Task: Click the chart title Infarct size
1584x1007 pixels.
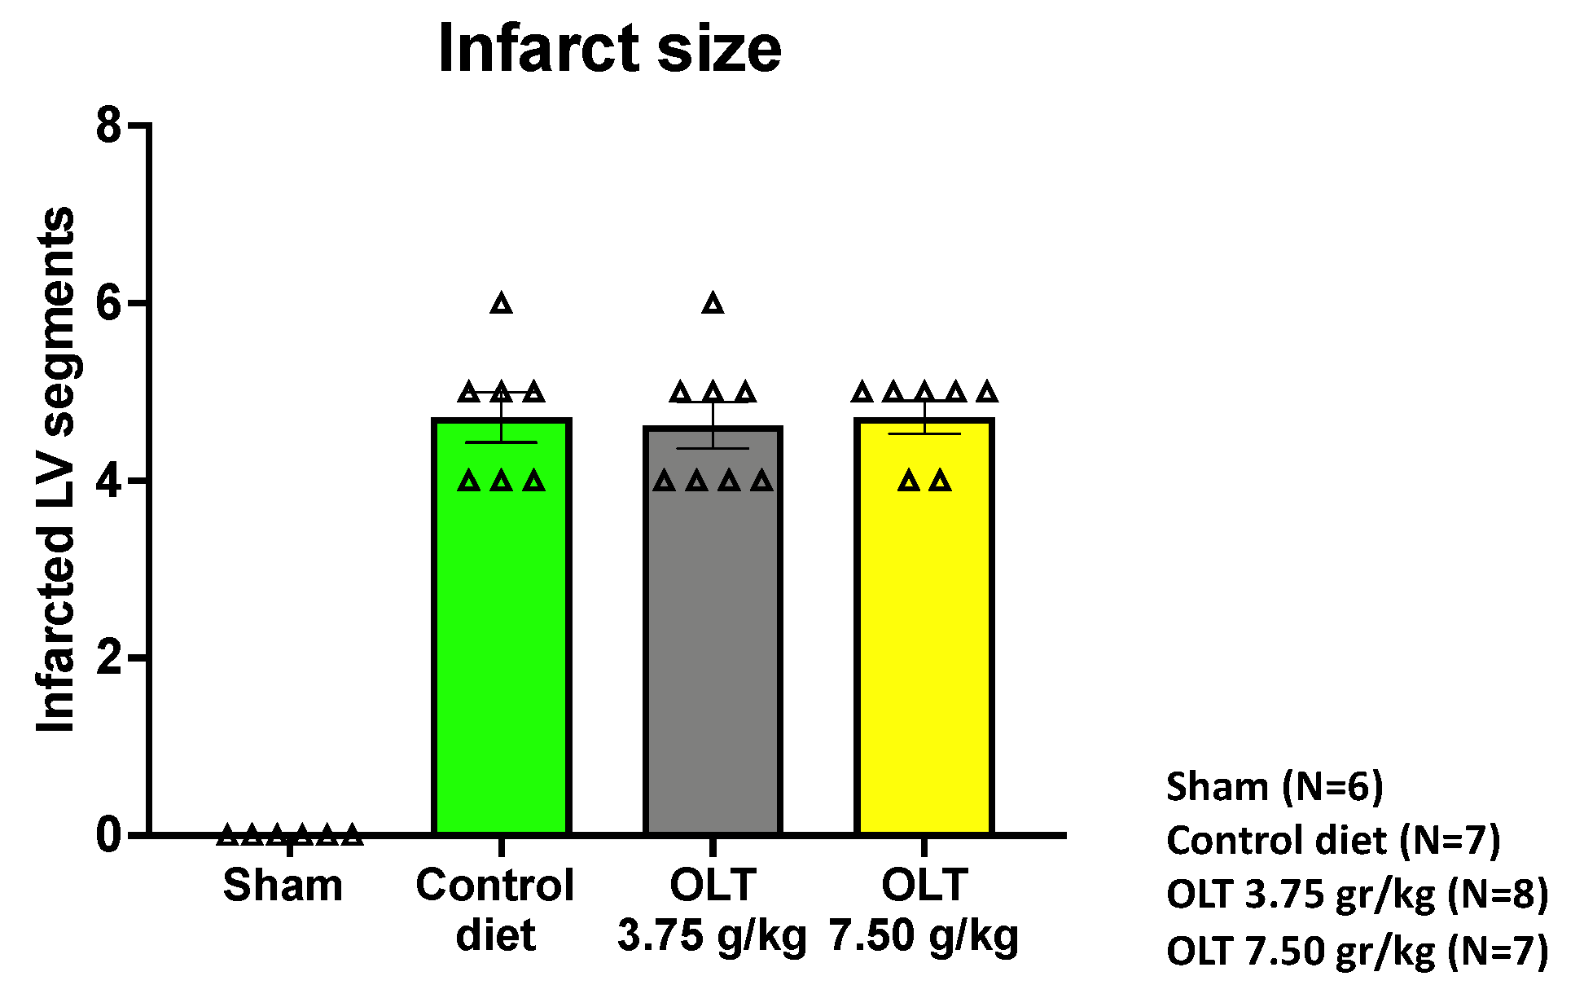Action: (609, 49)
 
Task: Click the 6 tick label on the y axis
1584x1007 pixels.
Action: (109, 303)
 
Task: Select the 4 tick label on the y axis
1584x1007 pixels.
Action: (109, 481)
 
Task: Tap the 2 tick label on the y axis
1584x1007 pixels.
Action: (109, 657)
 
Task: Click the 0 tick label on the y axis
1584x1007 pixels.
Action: (109, 835)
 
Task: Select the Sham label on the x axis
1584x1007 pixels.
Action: (283, 886)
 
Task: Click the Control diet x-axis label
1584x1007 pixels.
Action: (495, 909)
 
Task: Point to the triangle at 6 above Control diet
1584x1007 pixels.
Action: (502, 304)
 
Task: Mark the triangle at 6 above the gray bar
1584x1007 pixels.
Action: (713, 304)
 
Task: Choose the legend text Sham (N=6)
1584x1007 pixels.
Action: (1275, 787)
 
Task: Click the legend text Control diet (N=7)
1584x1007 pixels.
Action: (1333, 841)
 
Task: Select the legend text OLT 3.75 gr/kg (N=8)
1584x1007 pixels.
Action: (1357, 895)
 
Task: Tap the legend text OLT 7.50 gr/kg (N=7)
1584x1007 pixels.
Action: (1357, 951)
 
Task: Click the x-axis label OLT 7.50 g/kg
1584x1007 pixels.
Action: (924, 909)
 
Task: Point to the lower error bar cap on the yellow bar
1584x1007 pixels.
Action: (924, 433)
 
